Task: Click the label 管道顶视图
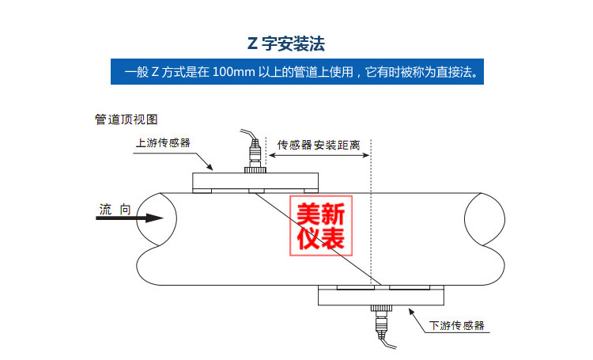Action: pos(127,119)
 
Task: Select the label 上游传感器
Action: pos(163,143)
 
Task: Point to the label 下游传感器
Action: pos(456,325)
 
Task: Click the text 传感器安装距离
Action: pos(319,145)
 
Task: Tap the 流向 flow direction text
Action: pos(115,209)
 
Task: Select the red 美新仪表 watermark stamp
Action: pos(321,223)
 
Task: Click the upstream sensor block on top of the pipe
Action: pos(255,180)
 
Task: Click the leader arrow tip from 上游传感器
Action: pos(213,169)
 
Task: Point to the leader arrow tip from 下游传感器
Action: pos(410,309)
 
